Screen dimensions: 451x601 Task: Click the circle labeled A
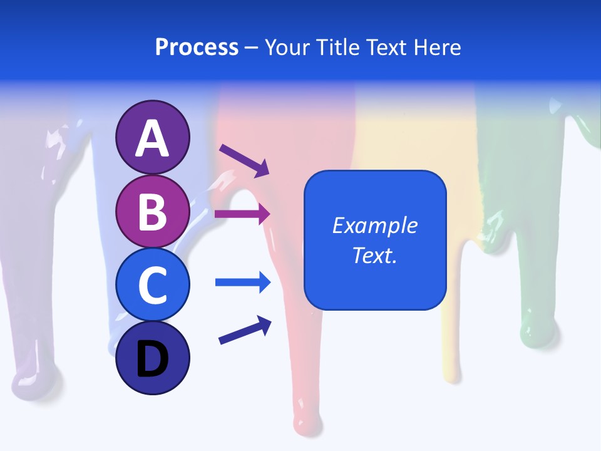152,138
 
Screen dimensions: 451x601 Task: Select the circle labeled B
152,212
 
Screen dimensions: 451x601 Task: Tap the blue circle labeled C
152,284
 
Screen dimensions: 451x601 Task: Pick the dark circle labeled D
152,358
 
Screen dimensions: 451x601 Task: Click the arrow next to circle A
244,160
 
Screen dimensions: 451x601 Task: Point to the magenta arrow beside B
242,214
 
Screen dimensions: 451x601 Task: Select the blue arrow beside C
242,283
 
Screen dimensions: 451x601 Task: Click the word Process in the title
197,47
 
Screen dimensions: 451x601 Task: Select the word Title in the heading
337,47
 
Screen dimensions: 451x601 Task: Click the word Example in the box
374,225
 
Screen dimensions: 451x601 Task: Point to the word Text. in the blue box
374,256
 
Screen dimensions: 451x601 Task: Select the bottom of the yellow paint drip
452,372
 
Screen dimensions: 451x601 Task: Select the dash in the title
252,48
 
